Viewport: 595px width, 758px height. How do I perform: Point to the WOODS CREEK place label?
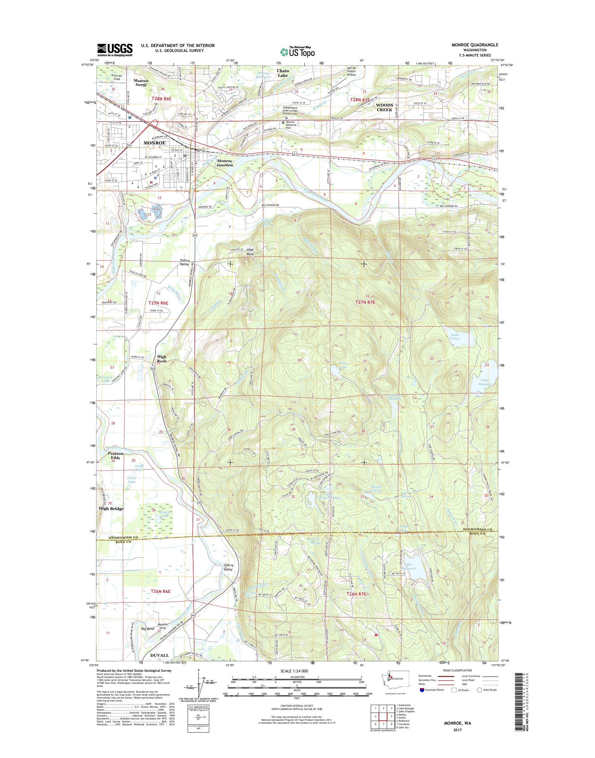(384, 107)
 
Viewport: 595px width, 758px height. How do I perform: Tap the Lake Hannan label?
(485, 382)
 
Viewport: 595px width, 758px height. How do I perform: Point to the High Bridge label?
(111, 509)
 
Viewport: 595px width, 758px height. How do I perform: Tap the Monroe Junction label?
(225, 163)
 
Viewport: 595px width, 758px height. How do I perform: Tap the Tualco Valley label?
(184, 262)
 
